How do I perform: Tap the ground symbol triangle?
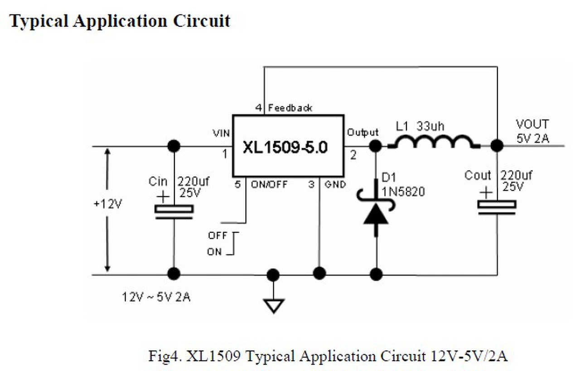tap(273, 305)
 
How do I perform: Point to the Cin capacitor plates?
tap(174, 212)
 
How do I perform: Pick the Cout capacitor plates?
tap(497, 207)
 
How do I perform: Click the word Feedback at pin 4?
tap(290, 108)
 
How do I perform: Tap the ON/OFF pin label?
tap(269, 185)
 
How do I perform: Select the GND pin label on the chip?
tap(335, 185)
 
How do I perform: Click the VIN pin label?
tap(222, 133)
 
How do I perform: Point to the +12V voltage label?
tap(107, 204)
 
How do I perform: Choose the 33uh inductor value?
tap(431, 126)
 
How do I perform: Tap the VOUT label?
tap(532, 125)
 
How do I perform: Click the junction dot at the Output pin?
tap(375, 146)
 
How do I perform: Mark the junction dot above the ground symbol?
tap(273, 275)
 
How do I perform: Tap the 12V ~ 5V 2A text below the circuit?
tap(156, 298)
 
